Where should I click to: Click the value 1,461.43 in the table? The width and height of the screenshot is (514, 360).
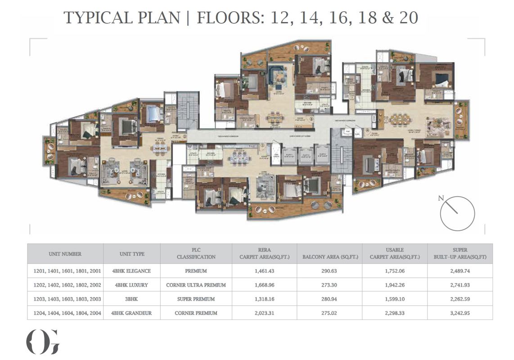[264, 271]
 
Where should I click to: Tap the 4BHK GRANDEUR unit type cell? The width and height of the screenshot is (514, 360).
[131, 313]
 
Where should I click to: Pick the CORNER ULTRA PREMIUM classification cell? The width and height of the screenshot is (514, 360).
[196, 285]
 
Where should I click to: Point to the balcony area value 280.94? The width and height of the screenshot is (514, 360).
[329, 299]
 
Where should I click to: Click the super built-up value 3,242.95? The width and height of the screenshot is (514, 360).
[460, 313]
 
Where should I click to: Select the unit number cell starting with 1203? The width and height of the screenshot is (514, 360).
[65, 299]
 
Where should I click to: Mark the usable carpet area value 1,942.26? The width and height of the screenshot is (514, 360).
[394, 285]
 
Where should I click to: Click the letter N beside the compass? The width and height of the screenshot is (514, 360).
[442, 198]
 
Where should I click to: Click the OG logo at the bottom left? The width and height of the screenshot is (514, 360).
[42, 342]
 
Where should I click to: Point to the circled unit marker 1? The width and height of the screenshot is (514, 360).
[262, 146]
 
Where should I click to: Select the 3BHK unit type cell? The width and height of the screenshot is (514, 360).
[131, 299]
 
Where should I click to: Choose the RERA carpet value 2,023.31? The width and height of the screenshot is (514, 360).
[264, 313]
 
